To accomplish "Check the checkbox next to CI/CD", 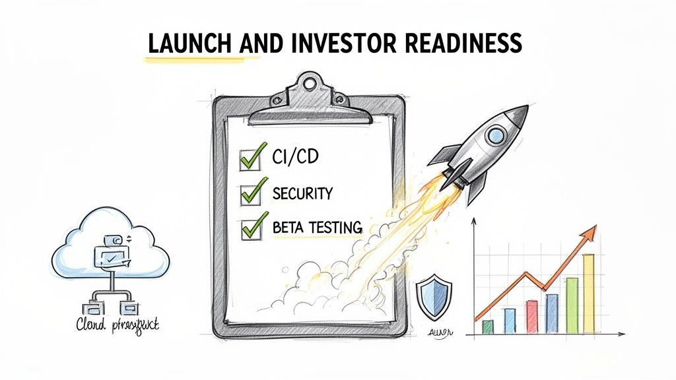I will pyautogui.click(x=249, y=158).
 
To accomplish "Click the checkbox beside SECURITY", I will pyautogui.click(x=250, y=193).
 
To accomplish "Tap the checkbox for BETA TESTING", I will pyautogui.click(x=250, y=228).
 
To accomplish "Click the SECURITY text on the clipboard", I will pyautogui.click(x=302, y=193).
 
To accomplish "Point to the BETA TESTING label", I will pyautogui.click(x=317, y=228).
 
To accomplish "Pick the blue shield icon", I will pyautogui.click(x=434, y=298).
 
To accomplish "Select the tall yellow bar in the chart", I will pyautogui.click(x=588, y=294).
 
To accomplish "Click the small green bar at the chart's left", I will pyautogui.click(x=488, y=327).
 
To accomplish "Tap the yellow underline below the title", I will pyautogui.click(x=198, y=59).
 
